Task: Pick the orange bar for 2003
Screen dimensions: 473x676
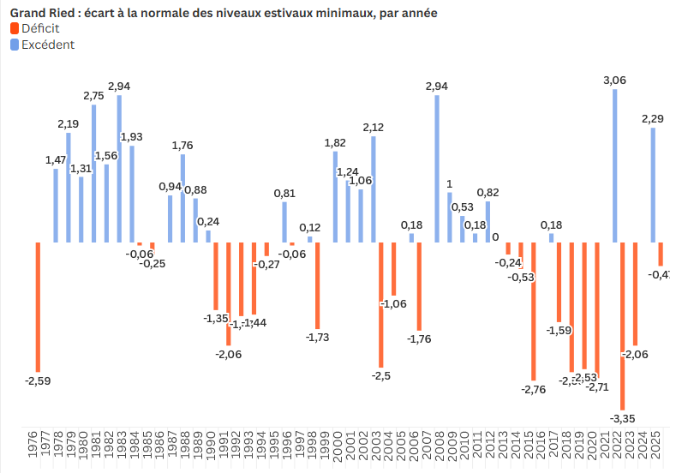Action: tap(380, 304)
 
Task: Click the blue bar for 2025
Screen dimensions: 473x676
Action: tap(653, 184)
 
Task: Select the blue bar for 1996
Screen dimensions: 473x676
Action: tap(285, 222)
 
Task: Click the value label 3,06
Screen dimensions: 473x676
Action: tap(614, 80)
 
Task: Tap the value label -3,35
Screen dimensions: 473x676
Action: tap(623, 418)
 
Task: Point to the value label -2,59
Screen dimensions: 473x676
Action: tap(38, 380)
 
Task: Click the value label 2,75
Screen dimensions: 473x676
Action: tap(93, 96)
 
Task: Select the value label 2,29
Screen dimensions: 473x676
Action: tap(652, 119)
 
